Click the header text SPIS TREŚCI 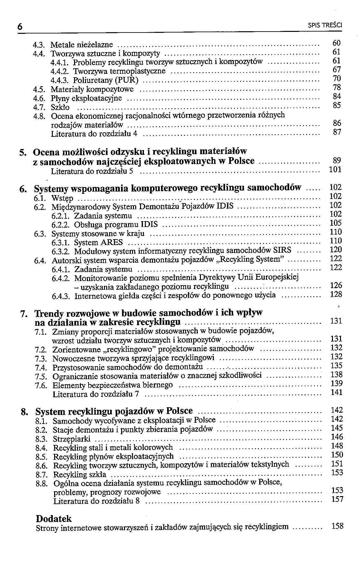pos(325,25)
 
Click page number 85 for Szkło pos(336,105)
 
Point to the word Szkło pos(60,107)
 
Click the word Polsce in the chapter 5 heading pos(241,161)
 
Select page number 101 pos(335,169)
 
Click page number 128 pos(336,294)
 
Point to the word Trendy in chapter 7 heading pos(50,313)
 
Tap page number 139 pos(336,383)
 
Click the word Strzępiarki pos(72,439)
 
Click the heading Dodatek pos(54,519)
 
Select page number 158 pos(337,526)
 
